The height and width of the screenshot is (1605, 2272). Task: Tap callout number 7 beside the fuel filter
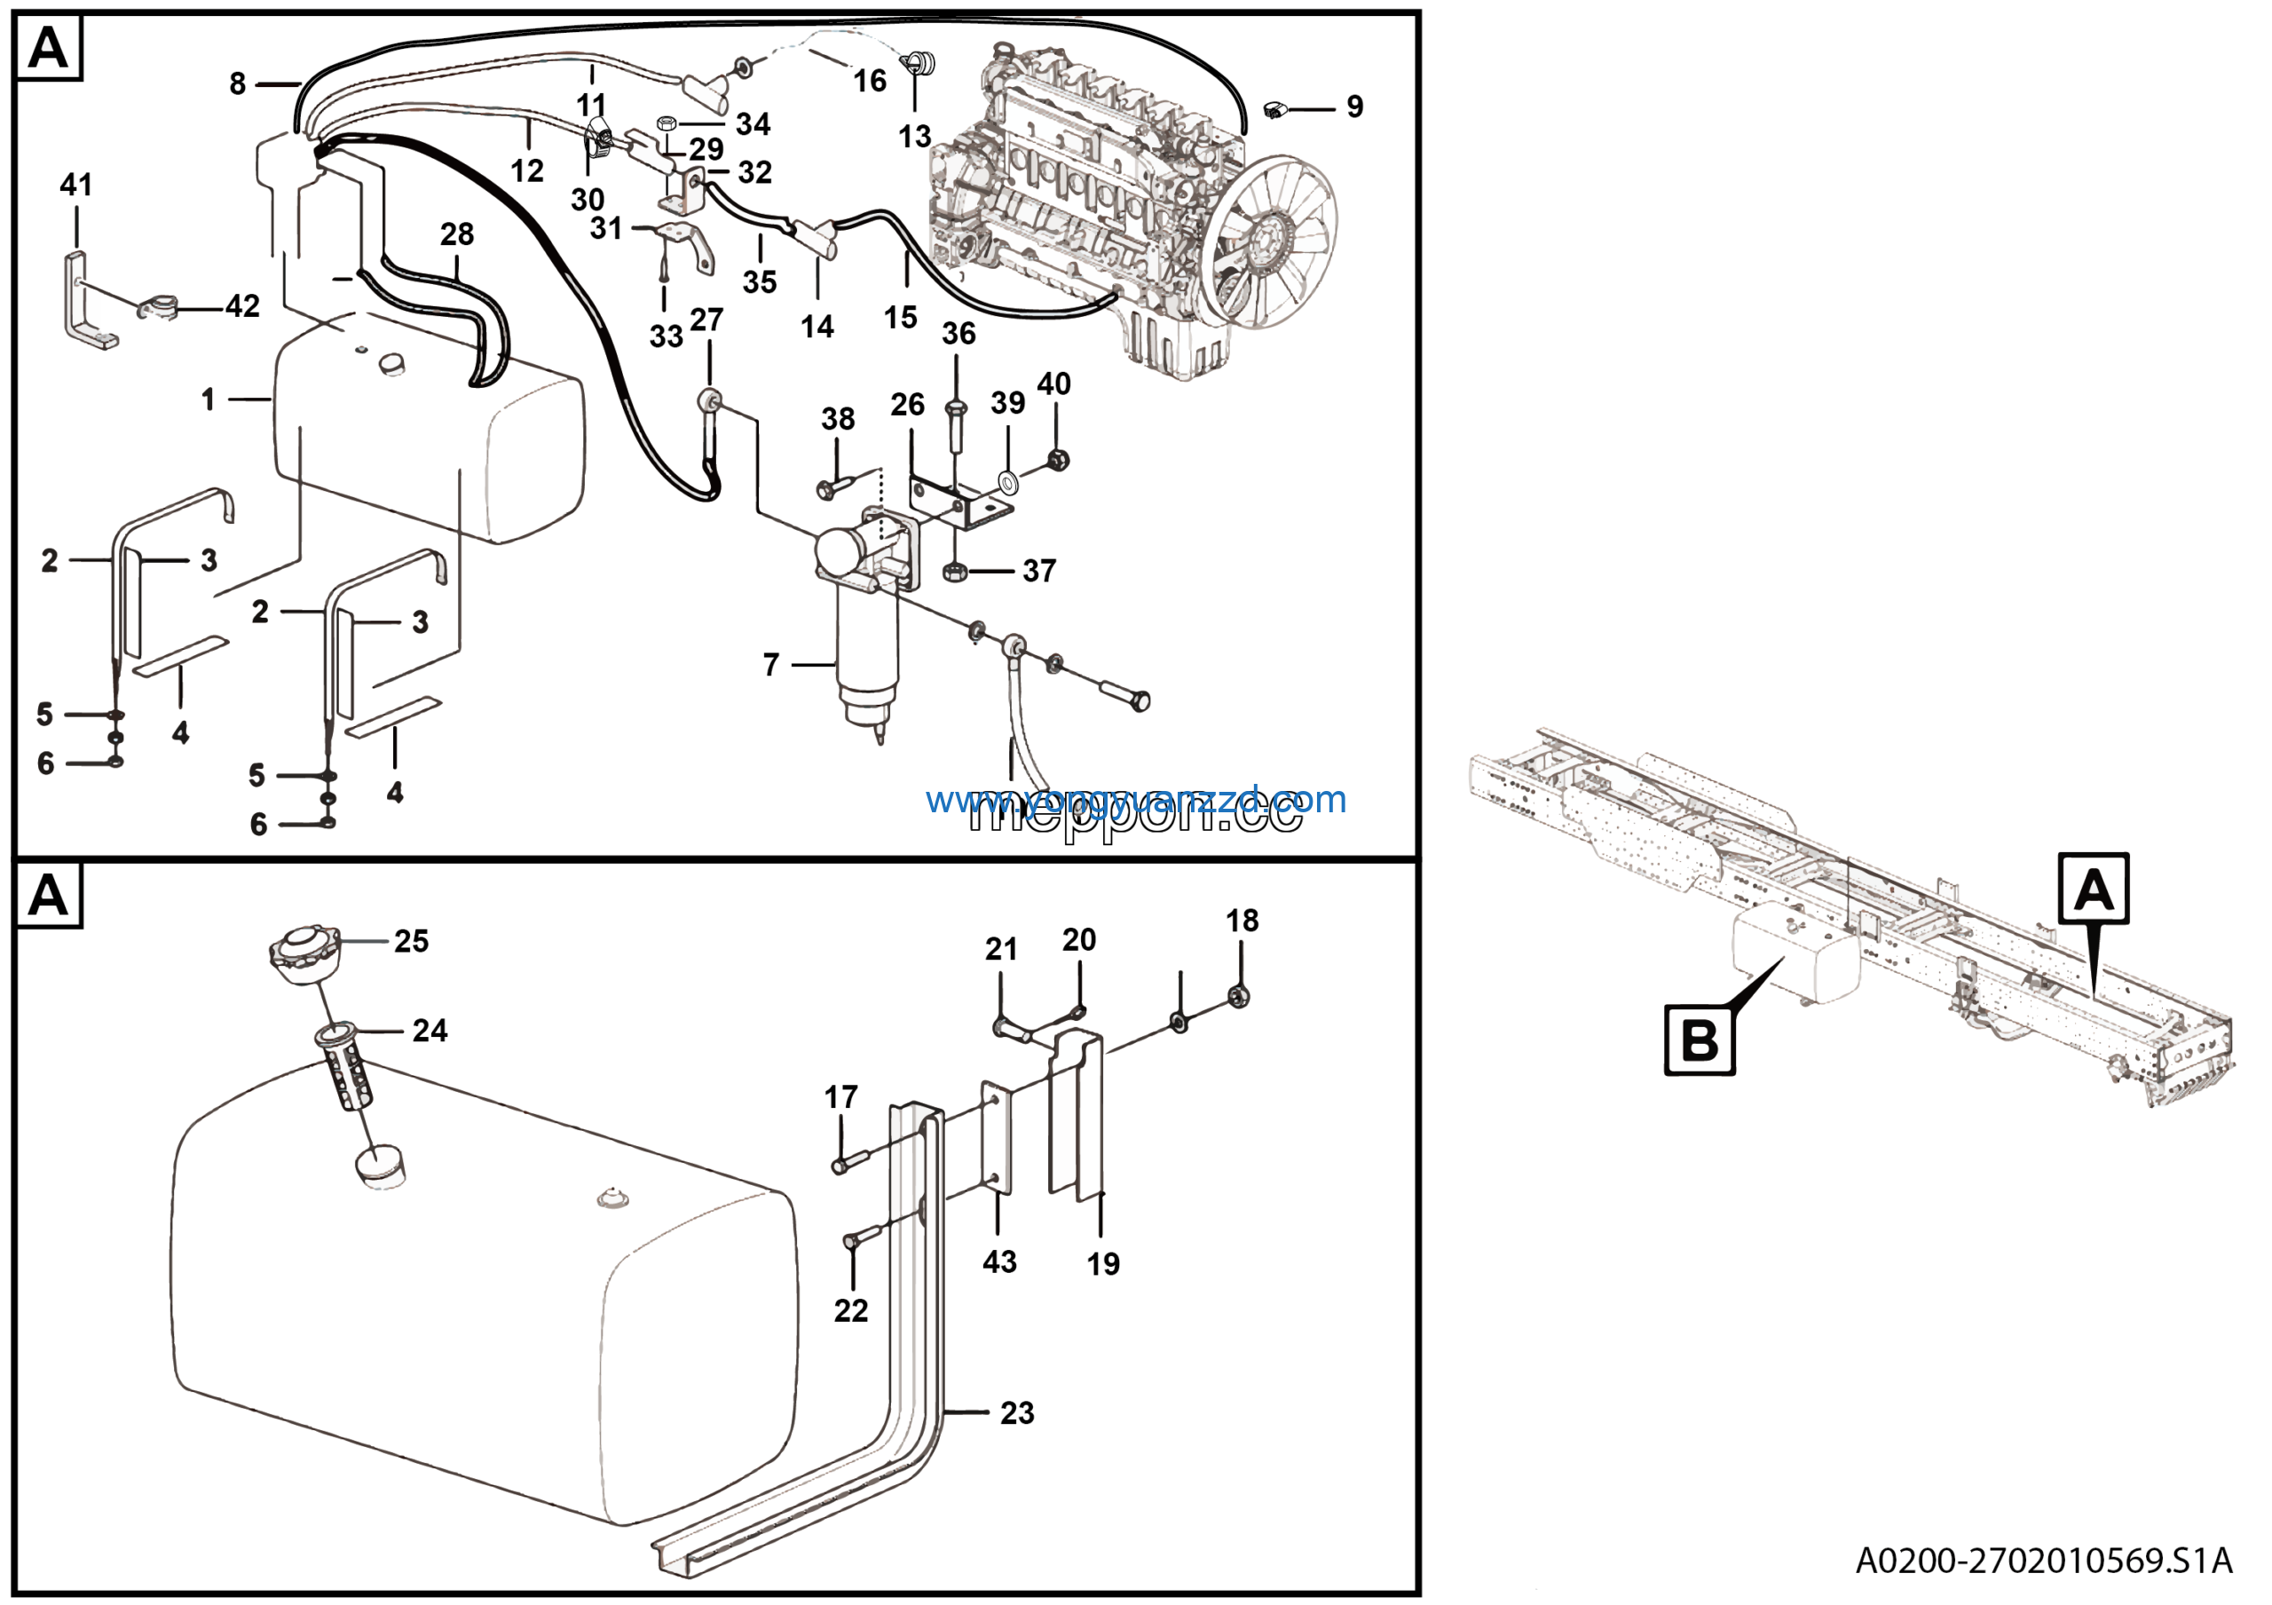(x=771, y=665)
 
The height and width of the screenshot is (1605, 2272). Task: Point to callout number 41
(x=76, y=185)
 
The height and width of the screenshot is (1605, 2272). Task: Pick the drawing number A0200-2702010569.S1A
(x=2042, y=1561)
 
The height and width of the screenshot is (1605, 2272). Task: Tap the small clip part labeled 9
(x=1276, y=109)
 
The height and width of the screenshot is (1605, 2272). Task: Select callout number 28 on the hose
(x=456, y=234)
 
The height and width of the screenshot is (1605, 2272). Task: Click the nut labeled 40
(x=1058, y=459)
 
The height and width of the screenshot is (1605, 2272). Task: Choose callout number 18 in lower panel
(x=1242, y=921)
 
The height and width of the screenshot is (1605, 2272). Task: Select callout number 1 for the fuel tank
(x=208, y=399)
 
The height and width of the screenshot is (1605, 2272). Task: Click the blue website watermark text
(x=1136, y=799)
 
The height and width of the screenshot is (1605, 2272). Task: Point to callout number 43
(x=999, y=1261)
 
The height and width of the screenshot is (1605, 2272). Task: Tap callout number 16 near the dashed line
(x=870, y=81)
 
